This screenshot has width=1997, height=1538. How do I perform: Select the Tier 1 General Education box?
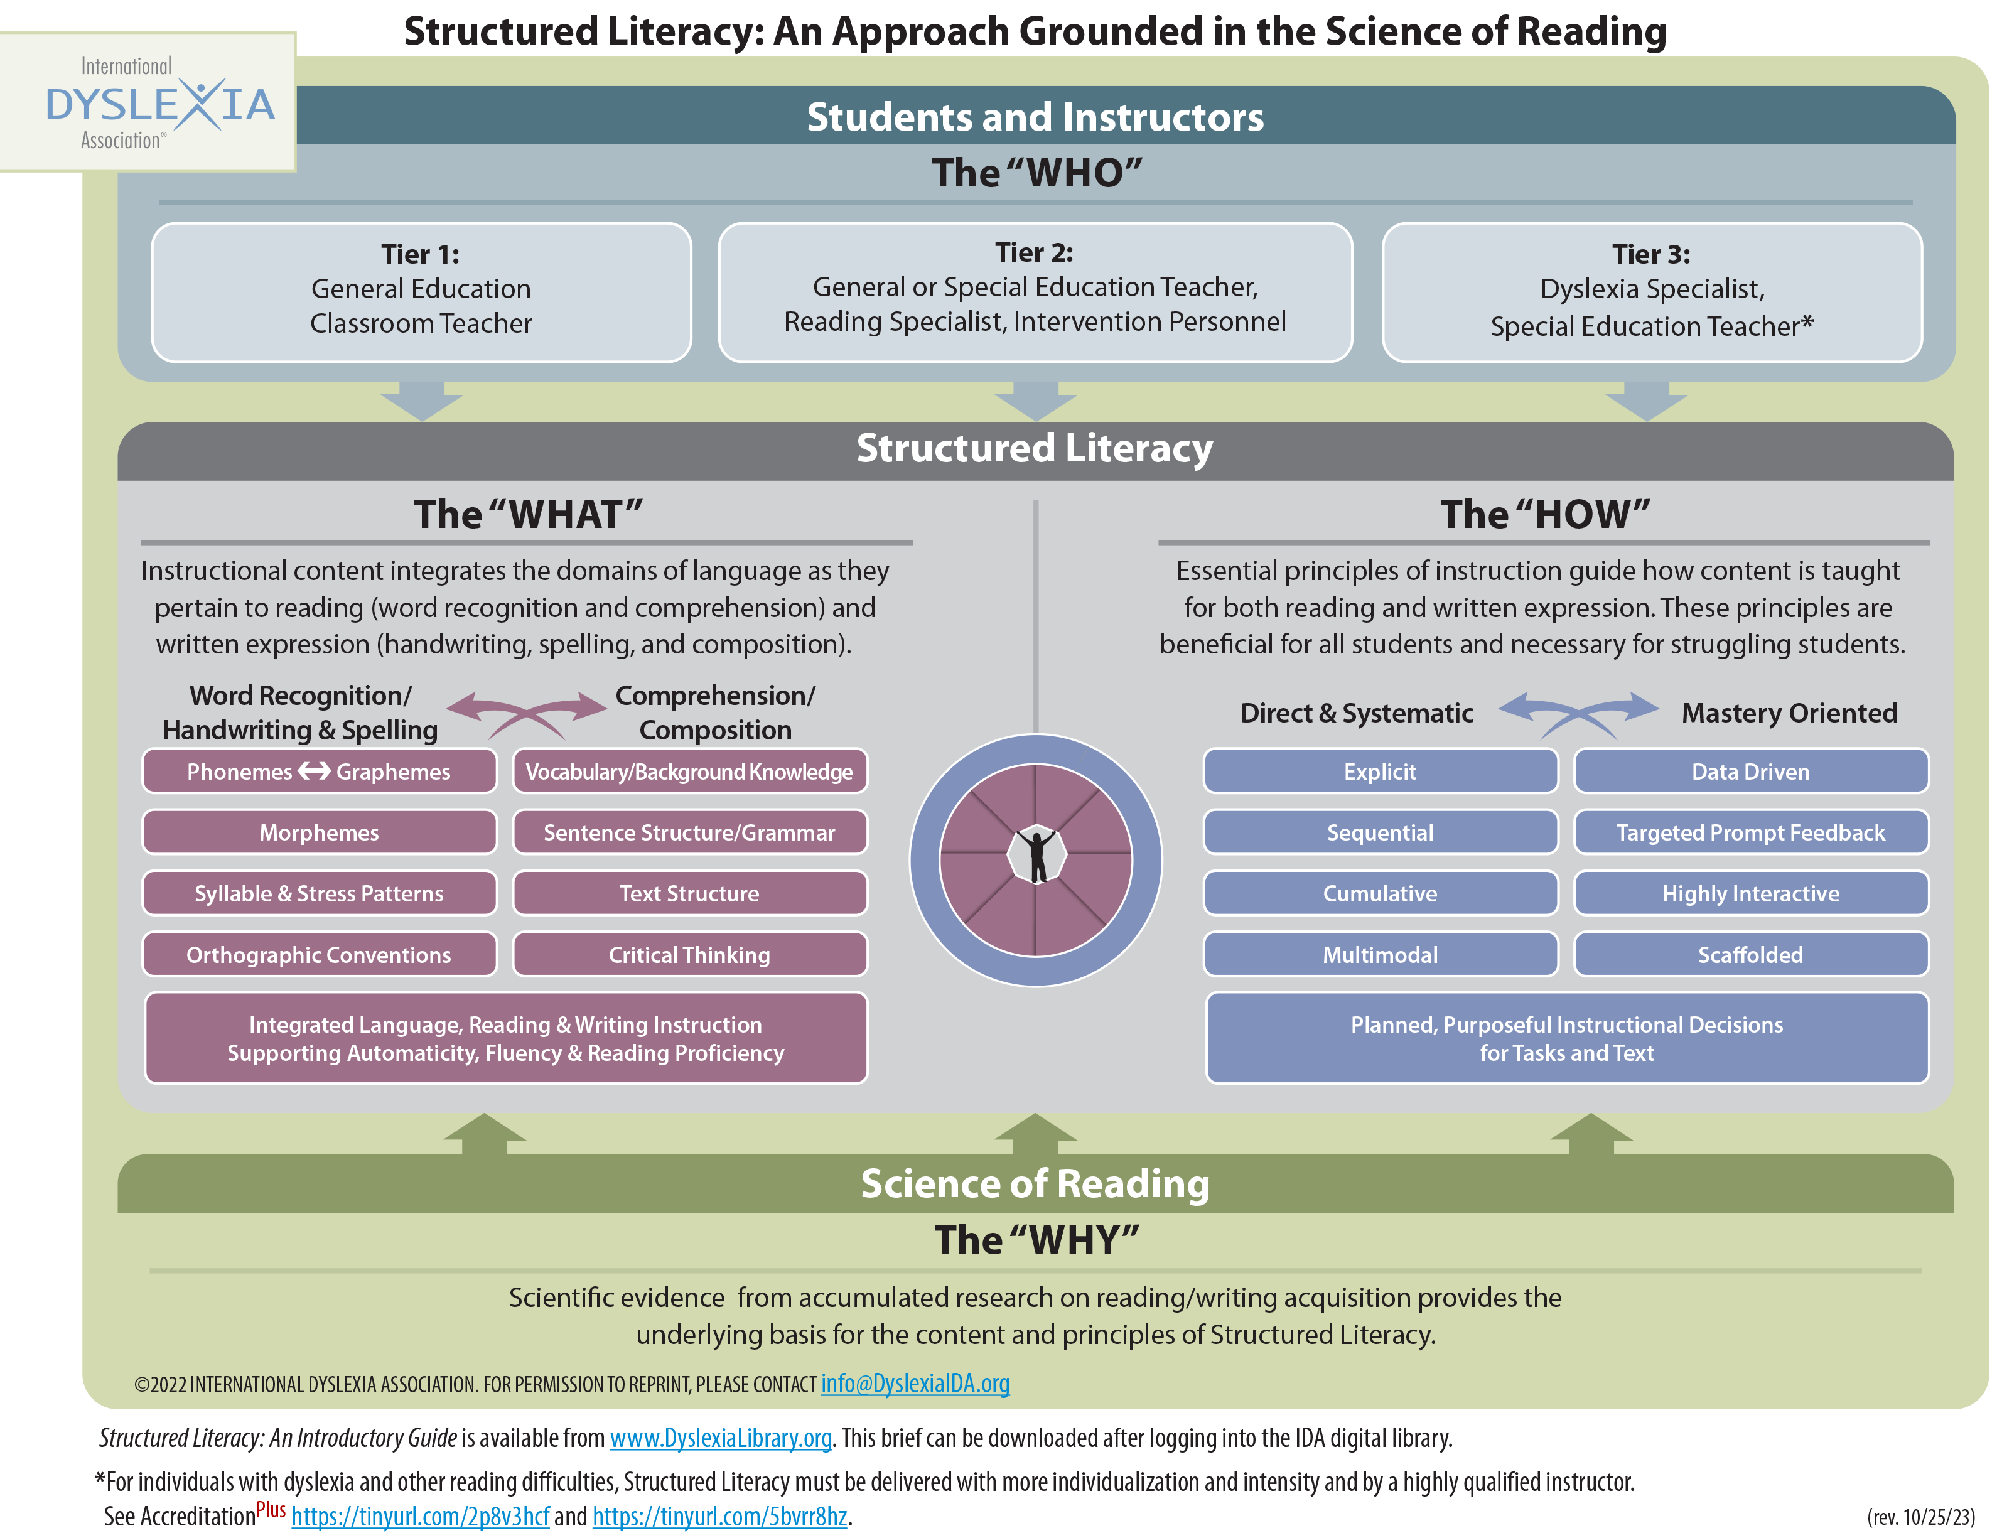421,293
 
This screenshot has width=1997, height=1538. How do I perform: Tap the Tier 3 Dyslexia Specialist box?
1651,293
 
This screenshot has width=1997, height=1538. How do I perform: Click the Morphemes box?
319,833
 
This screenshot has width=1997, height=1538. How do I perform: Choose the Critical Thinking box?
689,955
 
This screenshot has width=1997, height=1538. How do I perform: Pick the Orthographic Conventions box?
319,955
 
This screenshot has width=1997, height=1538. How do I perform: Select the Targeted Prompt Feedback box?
1750,833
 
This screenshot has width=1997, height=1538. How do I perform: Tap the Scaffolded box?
1750,955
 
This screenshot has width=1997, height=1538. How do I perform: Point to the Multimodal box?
1380,955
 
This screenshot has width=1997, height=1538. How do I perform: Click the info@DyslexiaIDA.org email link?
915,1384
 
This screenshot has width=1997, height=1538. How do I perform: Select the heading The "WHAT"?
529,515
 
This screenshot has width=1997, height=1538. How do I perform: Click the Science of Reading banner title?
1035,1184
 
